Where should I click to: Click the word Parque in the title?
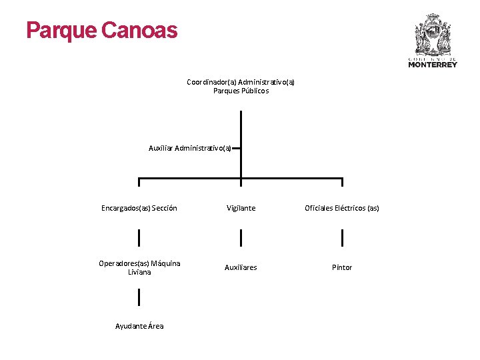(x=61, y=31)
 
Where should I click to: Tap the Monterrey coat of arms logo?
(x=433, y=35)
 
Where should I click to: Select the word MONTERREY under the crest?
(x=433, y=65)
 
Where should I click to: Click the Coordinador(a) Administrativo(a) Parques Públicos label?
(x=241, y=87)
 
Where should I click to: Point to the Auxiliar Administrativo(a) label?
(x=190, y=148)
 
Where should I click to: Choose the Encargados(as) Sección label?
(x=139, y=208)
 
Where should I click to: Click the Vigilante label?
(x=241, y=208)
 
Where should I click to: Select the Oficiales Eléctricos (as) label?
(x=342, y=208)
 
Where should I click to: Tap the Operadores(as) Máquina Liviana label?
(x=139, y=267)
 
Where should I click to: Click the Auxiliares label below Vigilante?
(x=241, y=267)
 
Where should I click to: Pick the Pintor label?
(x=342, y=267)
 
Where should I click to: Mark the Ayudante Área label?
(x=139, y=326)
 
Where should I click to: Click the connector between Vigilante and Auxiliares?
(x=241, y=237)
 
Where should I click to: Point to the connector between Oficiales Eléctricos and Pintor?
(x=342, y=237)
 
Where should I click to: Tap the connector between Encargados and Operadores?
(x=139, y=237)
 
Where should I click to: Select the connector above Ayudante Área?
(x=139, y=297)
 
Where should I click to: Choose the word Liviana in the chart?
(x=139, y=272)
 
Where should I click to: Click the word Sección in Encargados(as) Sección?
(x=164, y=208)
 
